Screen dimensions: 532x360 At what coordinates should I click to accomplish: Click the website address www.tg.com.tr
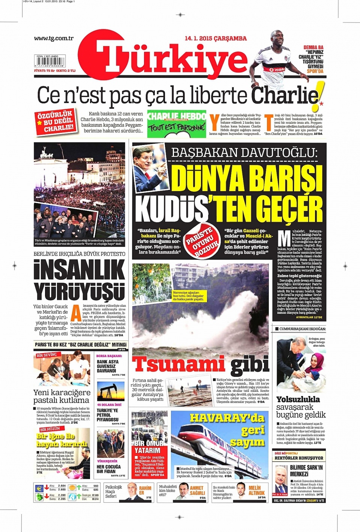[x=54, y=38]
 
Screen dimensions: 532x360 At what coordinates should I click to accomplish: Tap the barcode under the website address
[x=50, y=61]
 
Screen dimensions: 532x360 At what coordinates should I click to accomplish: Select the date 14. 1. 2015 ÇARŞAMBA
[x=216, y=38]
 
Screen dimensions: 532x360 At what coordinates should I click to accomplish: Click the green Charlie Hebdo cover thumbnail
[x=177, y=124]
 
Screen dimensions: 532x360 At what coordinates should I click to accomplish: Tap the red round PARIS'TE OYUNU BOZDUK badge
[x=202, y=242]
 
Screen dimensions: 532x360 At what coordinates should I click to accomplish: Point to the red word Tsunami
[x=178, y=364]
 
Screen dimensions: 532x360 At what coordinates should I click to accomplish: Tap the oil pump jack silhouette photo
[x=111, y=392]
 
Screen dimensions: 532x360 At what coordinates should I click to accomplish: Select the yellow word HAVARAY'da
[x=227, y=418]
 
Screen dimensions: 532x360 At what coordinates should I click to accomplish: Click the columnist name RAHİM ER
[x=145, y=490]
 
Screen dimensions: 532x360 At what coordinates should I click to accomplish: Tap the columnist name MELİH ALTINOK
[x=256, y=490]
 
